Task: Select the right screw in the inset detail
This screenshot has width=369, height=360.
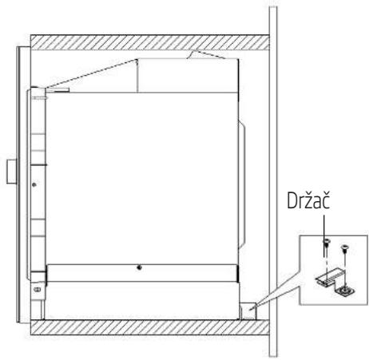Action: click(344, 248)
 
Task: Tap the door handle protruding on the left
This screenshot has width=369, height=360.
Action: click(12, 172)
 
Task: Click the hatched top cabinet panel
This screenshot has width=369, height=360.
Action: click(149, 42)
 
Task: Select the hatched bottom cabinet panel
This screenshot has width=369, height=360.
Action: click(149, 327)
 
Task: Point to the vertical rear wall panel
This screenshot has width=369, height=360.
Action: click(273, 181)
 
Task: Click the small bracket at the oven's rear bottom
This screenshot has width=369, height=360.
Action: click(248, 311)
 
